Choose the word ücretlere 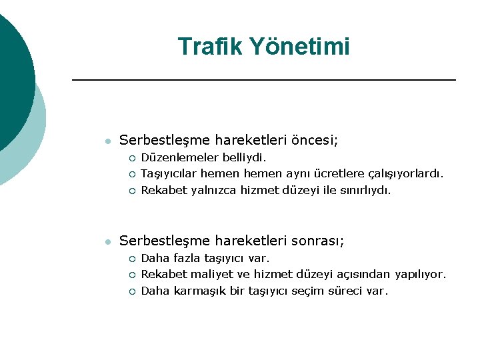pyautogui.click(x=340, y=174)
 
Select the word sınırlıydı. pyautogui.click(x=363, y=190)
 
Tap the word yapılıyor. pyautogui.click(x=420, y=274)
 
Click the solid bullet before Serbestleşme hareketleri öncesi pyautogui.click(x=107, y=141)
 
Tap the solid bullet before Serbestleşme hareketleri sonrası pyautogui.click(x=107, y=241)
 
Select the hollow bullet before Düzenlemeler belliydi pyautogui.click(x=132, y=159)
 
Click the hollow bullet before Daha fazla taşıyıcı pyautogui.click(x=132, y=259)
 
